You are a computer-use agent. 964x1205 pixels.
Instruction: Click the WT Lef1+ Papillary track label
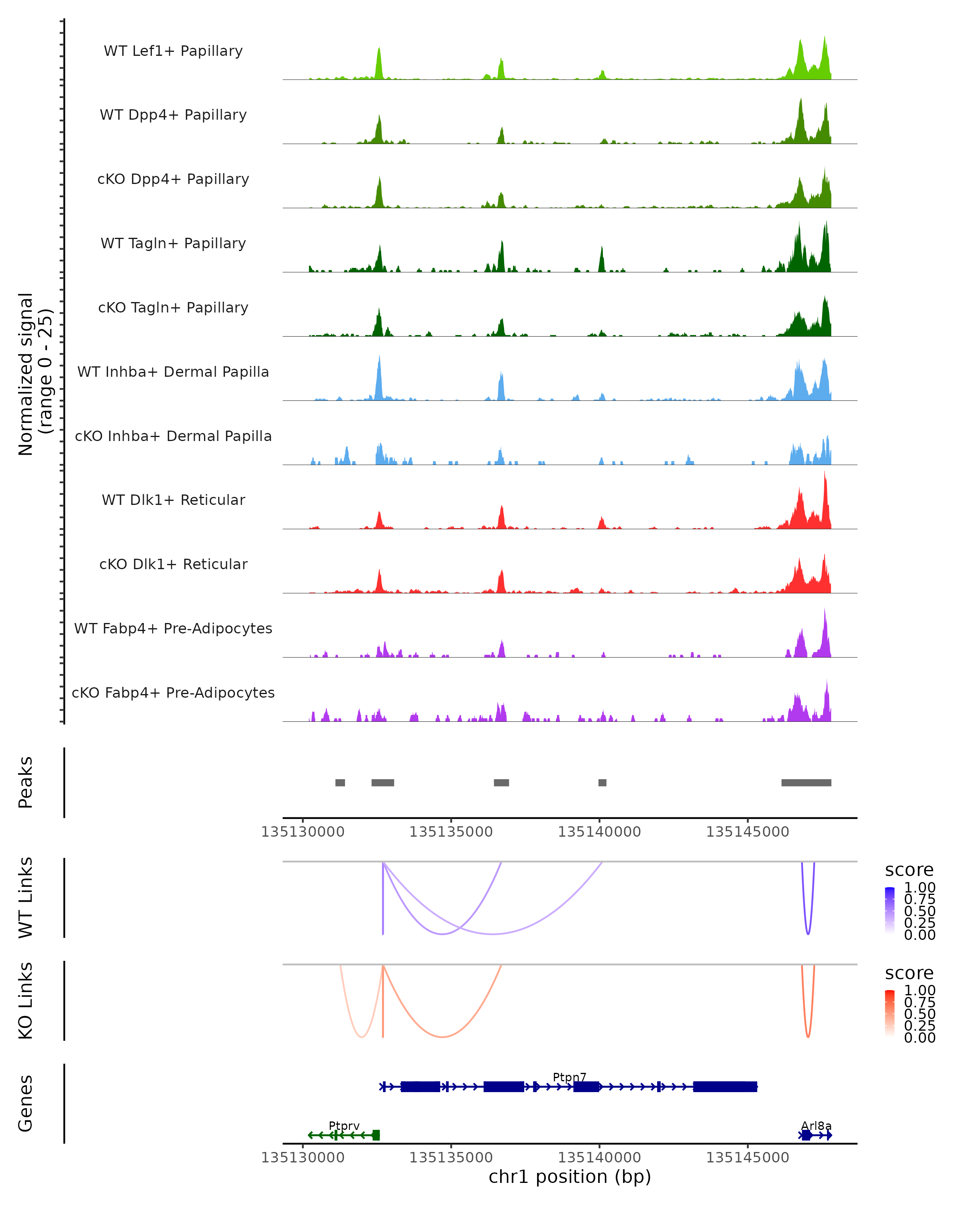pyautogui.click(x=173, y=51)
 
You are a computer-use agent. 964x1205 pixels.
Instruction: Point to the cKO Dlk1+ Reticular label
pyautogui.click(x=173, y=564)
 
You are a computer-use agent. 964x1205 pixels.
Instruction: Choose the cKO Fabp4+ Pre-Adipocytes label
pyautogui.click(x=173, y=692)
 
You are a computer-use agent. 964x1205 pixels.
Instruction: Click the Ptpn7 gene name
pyautogui.click(x=570, y=1077)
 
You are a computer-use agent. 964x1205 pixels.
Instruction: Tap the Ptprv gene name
pyautogui.click(x=344, y=1125)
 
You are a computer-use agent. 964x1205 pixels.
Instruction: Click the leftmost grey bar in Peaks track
pyautogui.click(x=340, y=782)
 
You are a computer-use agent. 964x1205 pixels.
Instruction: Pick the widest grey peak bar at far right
pyautogui.click(x=806, y=782)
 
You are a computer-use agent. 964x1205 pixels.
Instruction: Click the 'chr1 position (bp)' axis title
pyautogui.click(x=570, y=1177)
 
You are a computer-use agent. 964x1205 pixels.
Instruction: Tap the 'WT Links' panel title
pyautogui.click(x=26, y=898)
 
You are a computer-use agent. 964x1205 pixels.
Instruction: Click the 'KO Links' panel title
pyautogui.click(x=26, y=1001)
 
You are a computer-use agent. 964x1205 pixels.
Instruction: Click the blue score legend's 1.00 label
pyautogui.click(x=919, y=888)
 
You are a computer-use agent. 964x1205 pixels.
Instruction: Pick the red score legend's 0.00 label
pyautogui.click(x=919, y=1038)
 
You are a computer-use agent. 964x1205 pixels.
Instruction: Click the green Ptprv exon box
pyautogui.click(x=376, y=1135)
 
